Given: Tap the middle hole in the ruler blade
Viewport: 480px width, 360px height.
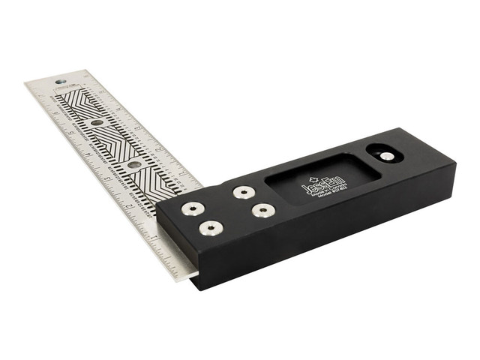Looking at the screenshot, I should click(x=97, y=122).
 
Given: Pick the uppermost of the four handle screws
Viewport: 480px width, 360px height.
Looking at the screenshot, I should click(x=241, y=192).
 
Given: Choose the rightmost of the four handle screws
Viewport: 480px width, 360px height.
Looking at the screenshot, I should click(x=261, y=211).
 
